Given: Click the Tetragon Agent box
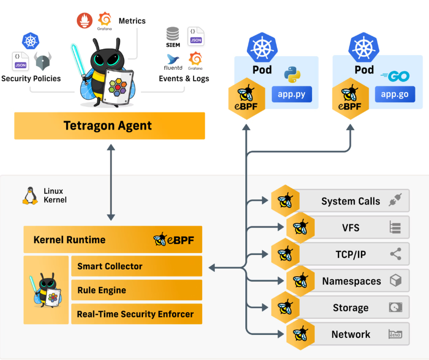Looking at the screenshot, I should pos(109,126).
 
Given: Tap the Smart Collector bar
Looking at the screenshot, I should pos(136,266).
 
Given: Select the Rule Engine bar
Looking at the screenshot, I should pos(136,290).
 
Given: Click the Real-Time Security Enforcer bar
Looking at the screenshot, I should pos(136,314).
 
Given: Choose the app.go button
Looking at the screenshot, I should pos(395,94).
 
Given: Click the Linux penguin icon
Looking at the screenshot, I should pos(30,196).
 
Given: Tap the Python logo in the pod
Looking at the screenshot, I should pos(292,74).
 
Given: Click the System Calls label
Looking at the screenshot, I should pos(351,201).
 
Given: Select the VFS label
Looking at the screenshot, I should pos(351,228).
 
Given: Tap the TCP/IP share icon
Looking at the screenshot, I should pos(395,254).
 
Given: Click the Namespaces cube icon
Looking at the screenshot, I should pos(395,281).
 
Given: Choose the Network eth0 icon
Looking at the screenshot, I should pos(395,334).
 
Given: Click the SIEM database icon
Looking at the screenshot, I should pos(173,34).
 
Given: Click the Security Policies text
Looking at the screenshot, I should pos(31,78).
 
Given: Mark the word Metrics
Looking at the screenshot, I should pos(132,21).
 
